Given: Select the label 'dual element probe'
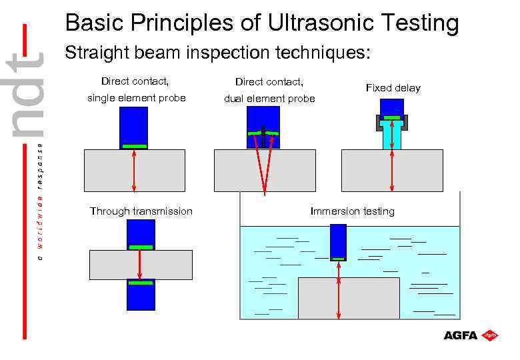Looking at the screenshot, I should click(269, 99).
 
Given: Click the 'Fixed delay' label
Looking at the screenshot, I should click(393, 88).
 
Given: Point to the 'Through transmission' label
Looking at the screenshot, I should click(141, 211).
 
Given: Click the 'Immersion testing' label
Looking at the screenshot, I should click(352, 211).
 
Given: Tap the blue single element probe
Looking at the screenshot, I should click(134, 127).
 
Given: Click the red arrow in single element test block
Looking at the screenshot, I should click(135, 170).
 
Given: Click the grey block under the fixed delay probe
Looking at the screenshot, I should click(420, 170).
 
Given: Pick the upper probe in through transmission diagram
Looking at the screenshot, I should click(141, 233).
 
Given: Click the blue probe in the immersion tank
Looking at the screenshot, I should click(339, 241).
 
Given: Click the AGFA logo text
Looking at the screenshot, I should click(461, 335).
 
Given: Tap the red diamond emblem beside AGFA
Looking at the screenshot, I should click(490, 335).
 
